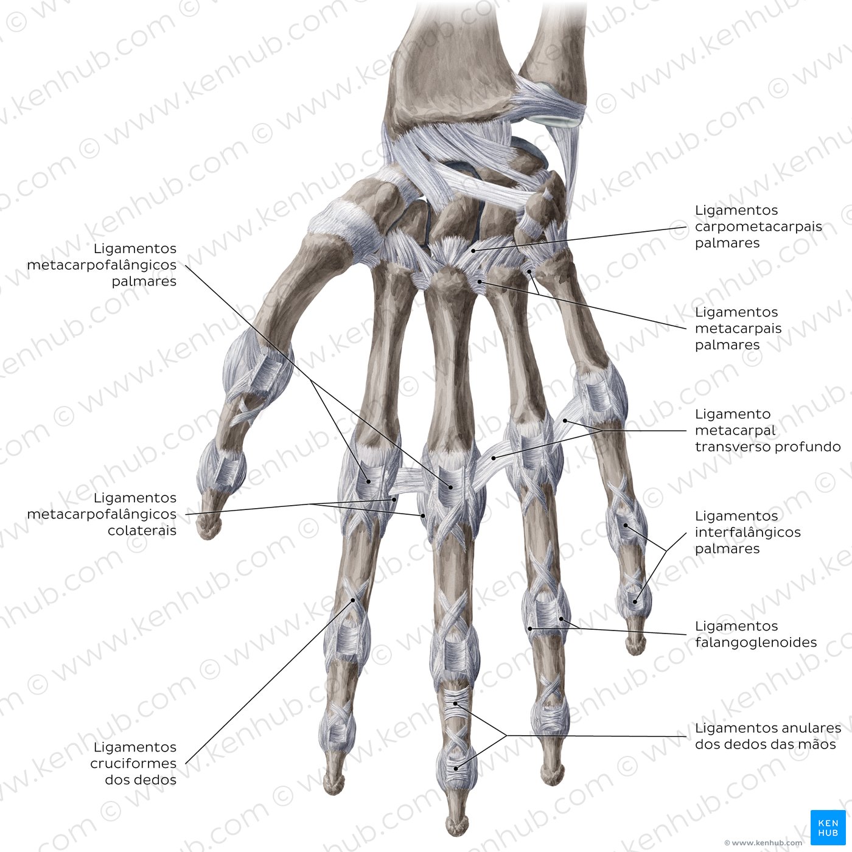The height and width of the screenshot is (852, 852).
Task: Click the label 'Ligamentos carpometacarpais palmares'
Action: tap(758, 226)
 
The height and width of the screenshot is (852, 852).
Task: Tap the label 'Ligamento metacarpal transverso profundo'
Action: tap(767, 430)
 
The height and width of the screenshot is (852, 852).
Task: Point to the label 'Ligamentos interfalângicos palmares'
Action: tap(748, 532)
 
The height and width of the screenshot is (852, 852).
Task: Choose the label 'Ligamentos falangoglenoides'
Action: tap(756, 634)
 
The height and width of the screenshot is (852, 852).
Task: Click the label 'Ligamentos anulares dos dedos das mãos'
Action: tap(767, 736)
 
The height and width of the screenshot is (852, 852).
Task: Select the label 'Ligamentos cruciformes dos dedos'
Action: tap(133, 764)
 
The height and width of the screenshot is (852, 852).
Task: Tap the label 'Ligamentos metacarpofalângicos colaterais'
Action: tap(102, 514)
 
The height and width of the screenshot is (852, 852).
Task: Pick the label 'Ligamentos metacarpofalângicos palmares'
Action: tap(102, 264)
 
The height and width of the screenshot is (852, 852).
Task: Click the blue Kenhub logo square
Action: tap(828, 828)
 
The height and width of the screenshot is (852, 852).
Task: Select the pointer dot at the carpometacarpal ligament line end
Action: tap(473, 251)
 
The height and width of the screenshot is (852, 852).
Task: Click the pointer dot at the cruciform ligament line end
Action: tap(353, 600)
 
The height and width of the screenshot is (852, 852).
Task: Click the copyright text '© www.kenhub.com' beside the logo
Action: tap(763, 843)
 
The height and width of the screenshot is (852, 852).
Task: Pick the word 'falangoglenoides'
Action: tap(756, 642)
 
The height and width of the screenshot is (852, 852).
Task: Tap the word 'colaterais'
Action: tap(142, 529)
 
